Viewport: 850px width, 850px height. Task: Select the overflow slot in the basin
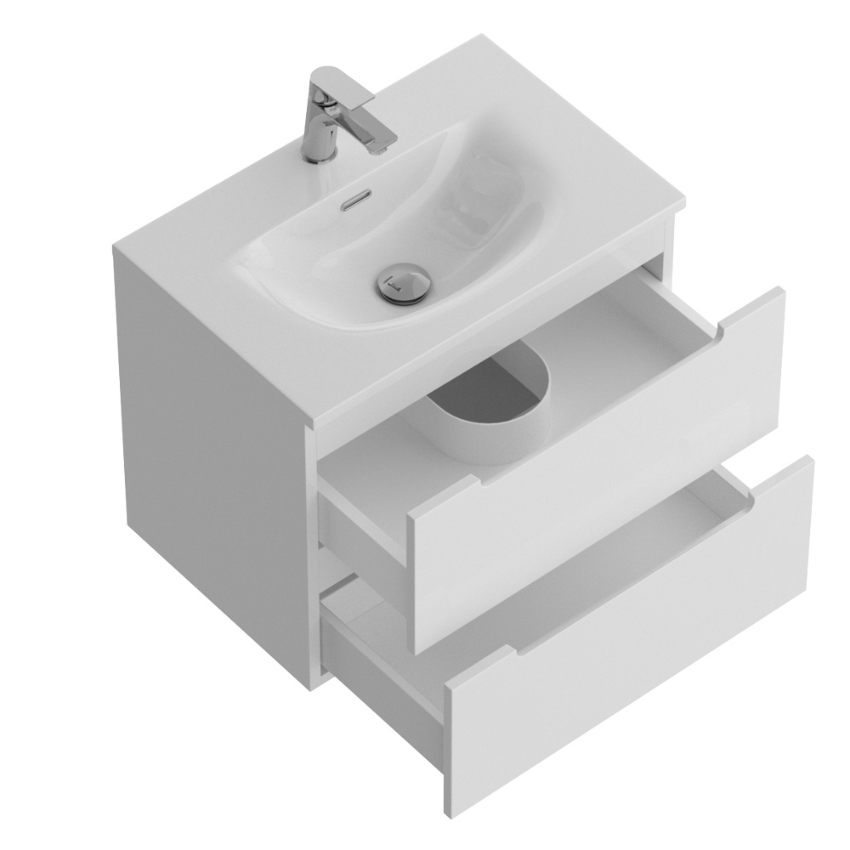coord(357,203)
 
